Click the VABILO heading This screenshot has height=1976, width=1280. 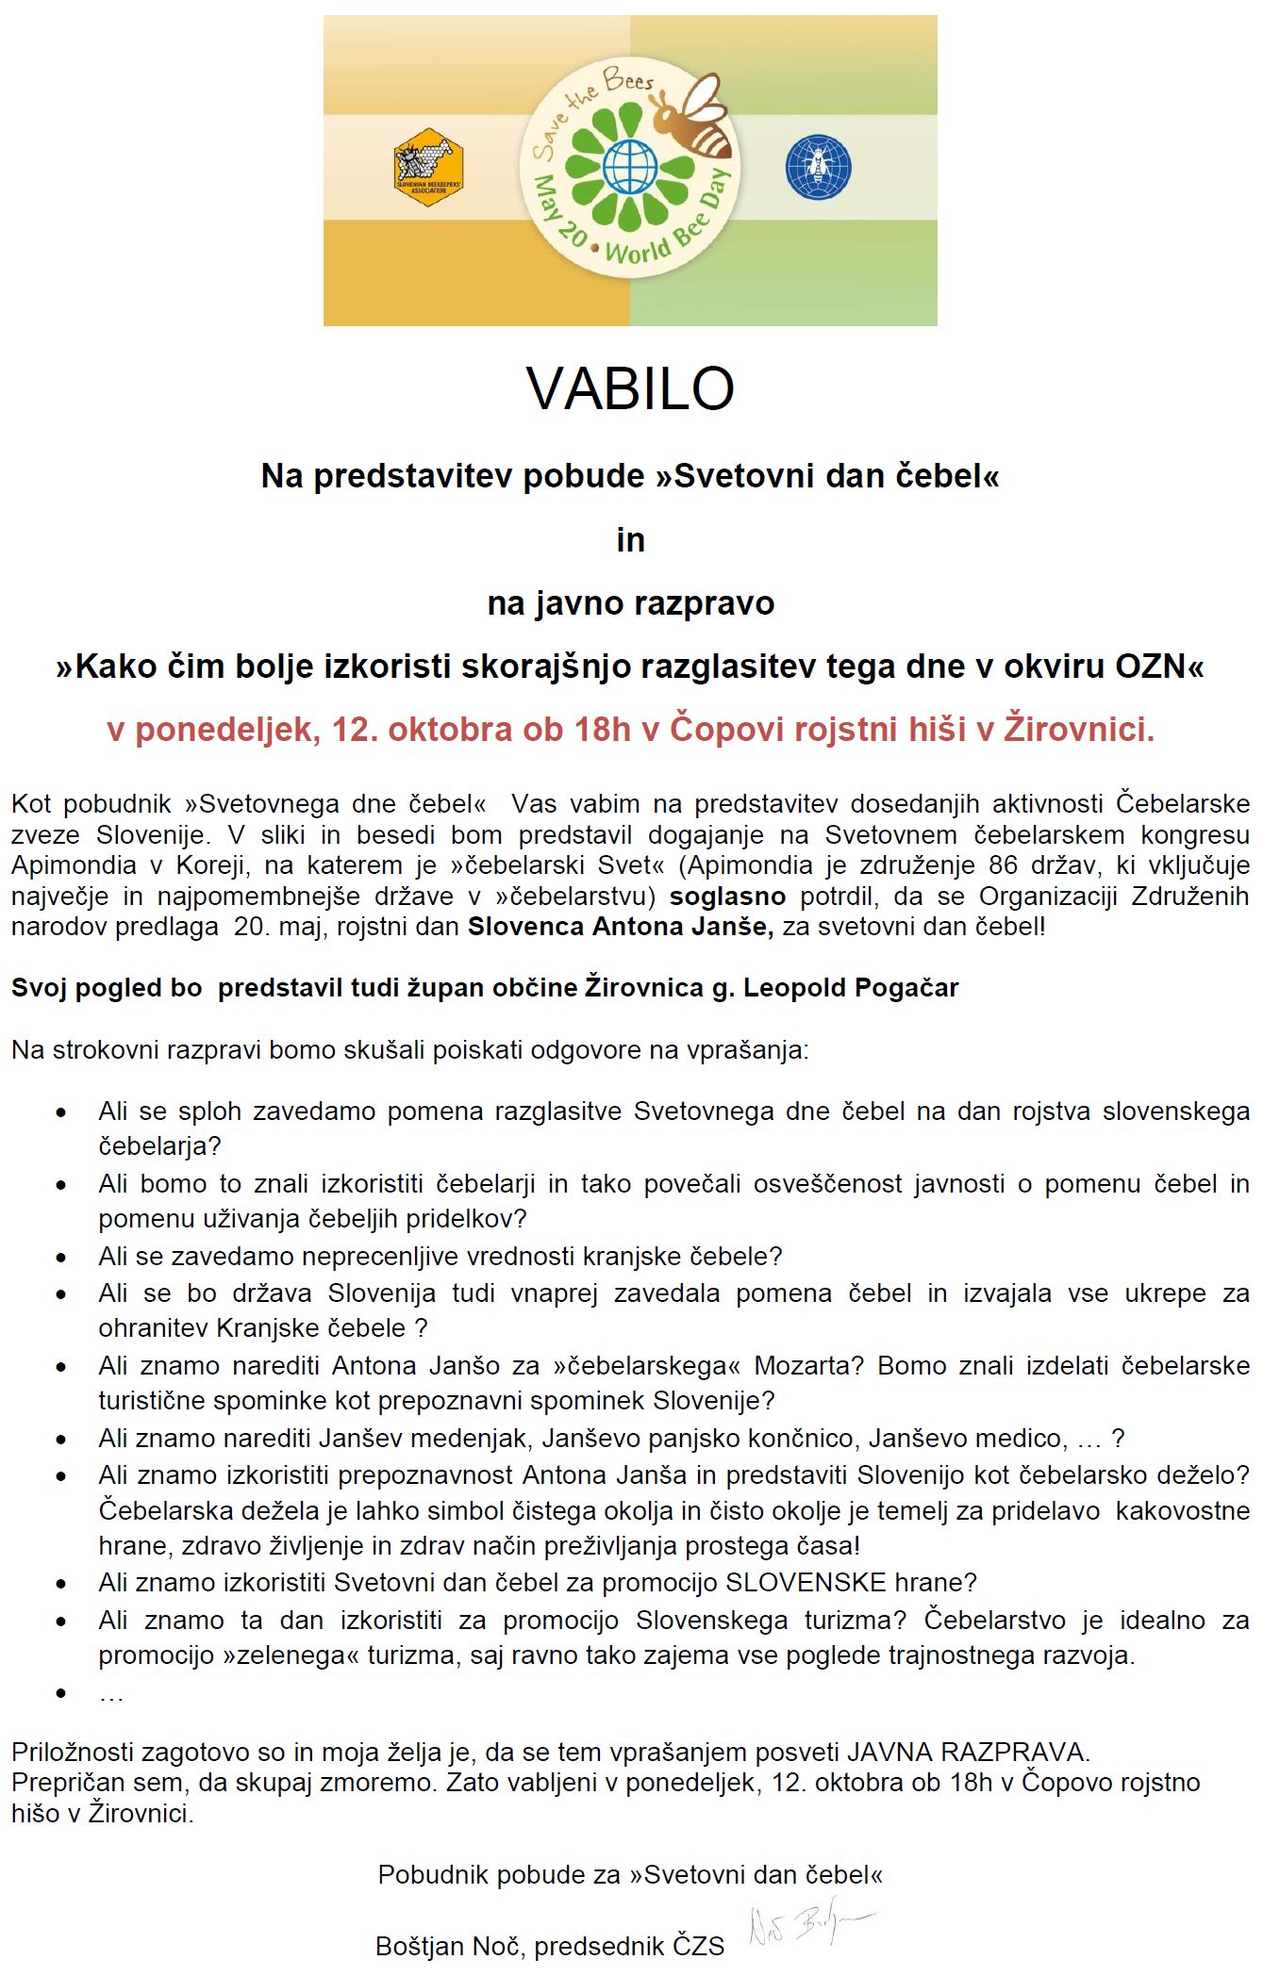pos(630,387)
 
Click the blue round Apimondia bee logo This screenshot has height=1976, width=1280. pos(818,167)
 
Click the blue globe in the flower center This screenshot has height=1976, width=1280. pos(629,167)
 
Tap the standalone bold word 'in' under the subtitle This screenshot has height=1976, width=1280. pos(630,540)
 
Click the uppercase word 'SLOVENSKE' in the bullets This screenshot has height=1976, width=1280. pos(806,1582)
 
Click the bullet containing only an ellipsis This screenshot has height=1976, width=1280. pos(110,1694)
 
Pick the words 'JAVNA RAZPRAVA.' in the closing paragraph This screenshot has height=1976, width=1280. pos(969,1753)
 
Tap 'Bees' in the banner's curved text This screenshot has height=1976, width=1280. pos(628,82)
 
